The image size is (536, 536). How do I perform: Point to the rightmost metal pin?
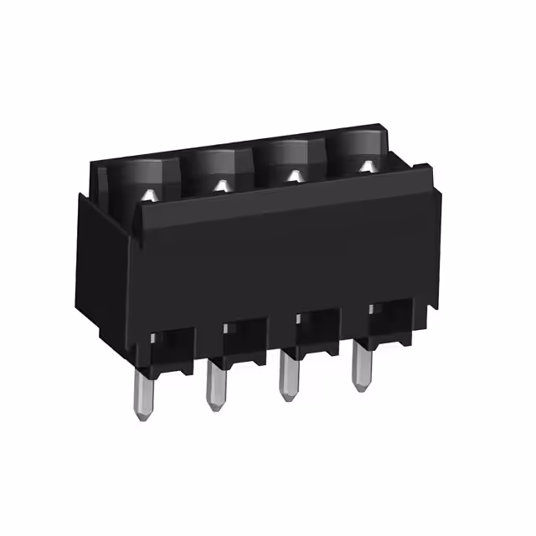click(x=361, y=365)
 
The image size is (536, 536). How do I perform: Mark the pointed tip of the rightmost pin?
click(x=361, y=388)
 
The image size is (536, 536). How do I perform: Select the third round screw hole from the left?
click(x=291, y=160)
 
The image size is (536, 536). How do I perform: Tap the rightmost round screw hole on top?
click(x=362, y=152)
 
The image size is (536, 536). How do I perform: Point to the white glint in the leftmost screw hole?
click(x=148, y=195)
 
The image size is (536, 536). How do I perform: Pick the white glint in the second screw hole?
click(x=222, y=185)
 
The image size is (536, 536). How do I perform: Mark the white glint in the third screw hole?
click(x=294, y=176)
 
